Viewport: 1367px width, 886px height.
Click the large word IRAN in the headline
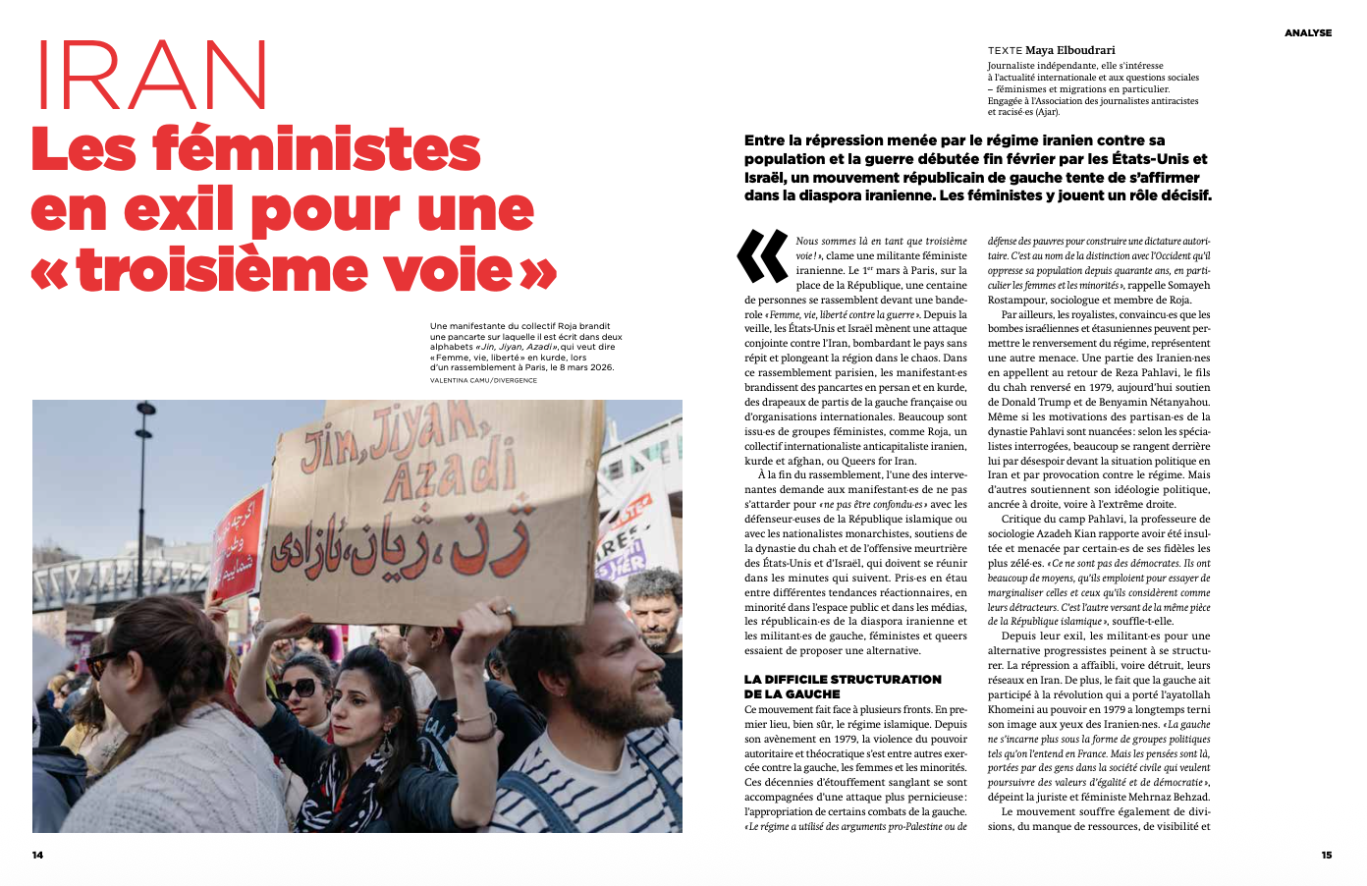(151, 77)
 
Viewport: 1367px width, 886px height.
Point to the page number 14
(37, 855)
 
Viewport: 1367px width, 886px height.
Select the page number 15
(1327, 855)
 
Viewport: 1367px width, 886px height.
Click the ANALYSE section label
(1308, 33)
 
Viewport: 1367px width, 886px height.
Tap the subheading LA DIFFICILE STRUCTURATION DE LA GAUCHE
(843, 686)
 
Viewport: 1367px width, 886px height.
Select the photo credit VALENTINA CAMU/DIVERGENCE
(483, 380)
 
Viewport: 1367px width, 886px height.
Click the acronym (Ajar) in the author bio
(1044, 112)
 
